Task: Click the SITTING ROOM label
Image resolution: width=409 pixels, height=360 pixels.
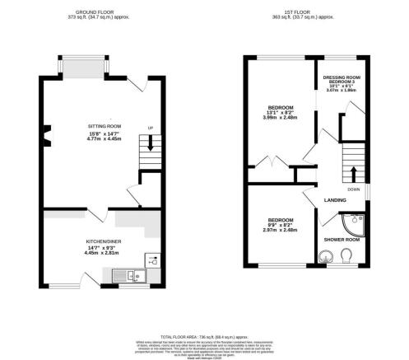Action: pos(104,126)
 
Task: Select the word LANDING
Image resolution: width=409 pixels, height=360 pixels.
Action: pos(333,199)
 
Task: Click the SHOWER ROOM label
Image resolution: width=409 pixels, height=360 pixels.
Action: pos(341,239)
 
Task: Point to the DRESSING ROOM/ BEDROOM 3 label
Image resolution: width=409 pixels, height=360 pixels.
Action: pos(343,79)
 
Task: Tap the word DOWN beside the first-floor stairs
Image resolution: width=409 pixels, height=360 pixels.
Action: pos(353,189)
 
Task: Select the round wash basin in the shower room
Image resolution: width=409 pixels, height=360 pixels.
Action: pos(323,257)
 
